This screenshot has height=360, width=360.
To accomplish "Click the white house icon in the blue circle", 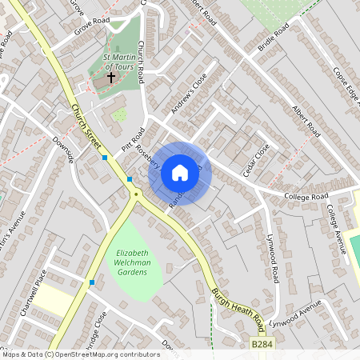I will (x=180, y=172).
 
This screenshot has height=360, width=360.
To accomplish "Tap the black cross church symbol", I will (x=110, y=78).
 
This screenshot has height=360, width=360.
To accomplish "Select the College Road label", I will (x=306, y=196).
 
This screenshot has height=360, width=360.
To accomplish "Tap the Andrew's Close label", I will (x=188, y=94).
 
